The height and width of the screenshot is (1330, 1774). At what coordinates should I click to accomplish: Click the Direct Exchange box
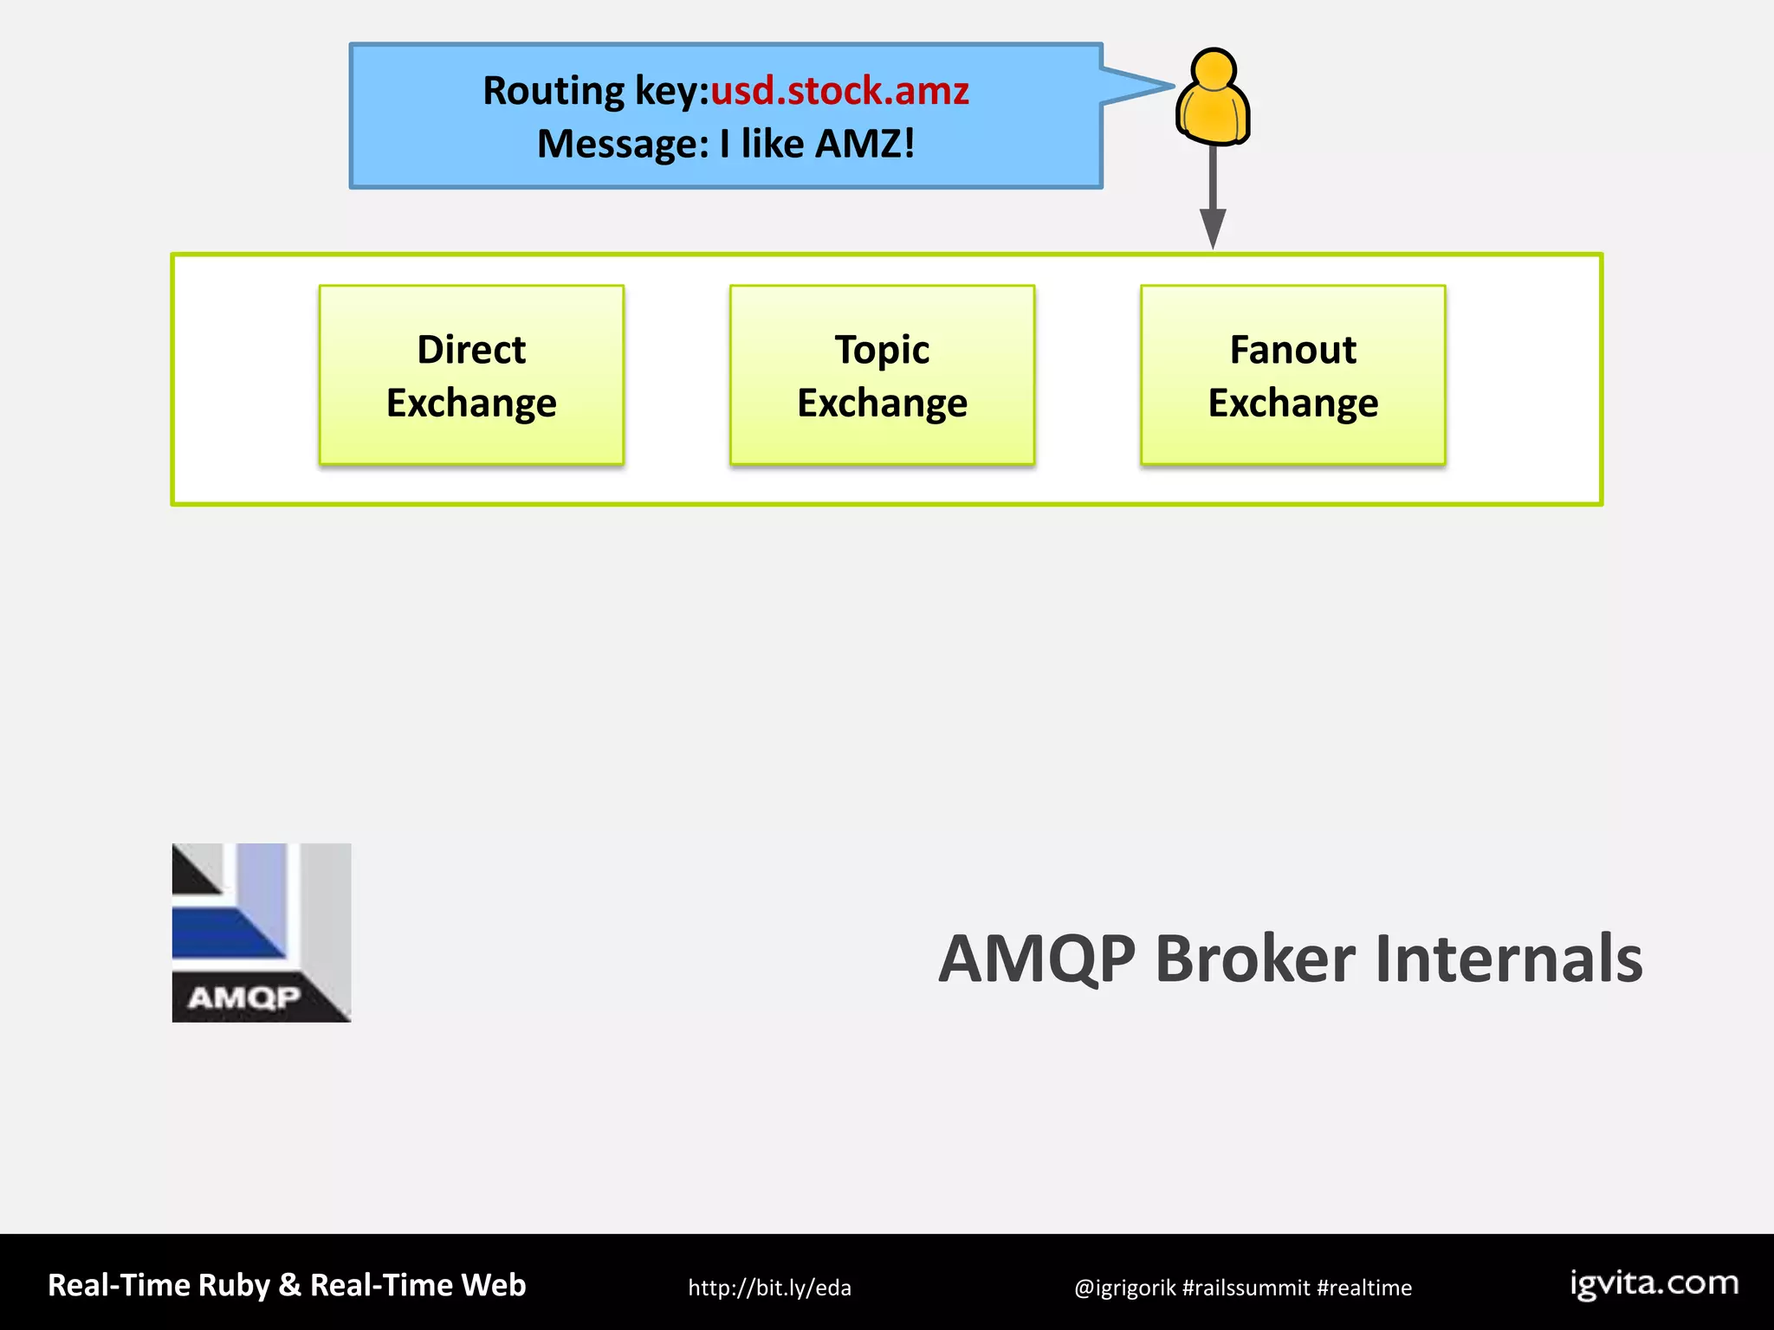(471, 375)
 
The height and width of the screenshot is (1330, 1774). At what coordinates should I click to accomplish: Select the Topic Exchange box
(882, 375)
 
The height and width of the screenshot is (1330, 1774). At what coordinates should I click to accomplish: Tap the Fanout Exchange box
(1292, 375)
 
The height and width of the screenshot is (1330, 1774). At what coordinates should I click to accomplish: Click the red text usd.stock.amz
(839, 91)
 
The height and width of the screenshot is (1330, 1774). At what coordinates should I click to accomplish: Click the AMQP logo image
(262, 933)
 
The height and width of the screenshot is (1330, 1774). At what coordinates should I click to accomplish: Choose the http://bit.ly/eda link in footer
(769, 1288)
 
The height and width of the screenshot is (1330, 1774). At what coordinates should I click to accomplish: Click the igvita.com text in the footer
(1654, 1283)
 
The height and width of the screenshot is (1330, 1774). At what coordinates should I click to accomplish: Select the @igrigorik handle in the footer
(1124, 1288)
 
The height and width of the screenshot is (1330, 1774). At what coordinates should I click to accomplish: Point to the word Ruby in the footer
(234, 1286)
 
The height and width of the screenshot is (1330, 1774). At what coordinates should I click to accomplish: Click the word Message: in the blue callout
(623, 144)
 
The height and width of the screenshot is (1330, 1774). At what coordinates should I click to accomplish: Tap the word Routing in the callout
(554, 91)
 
